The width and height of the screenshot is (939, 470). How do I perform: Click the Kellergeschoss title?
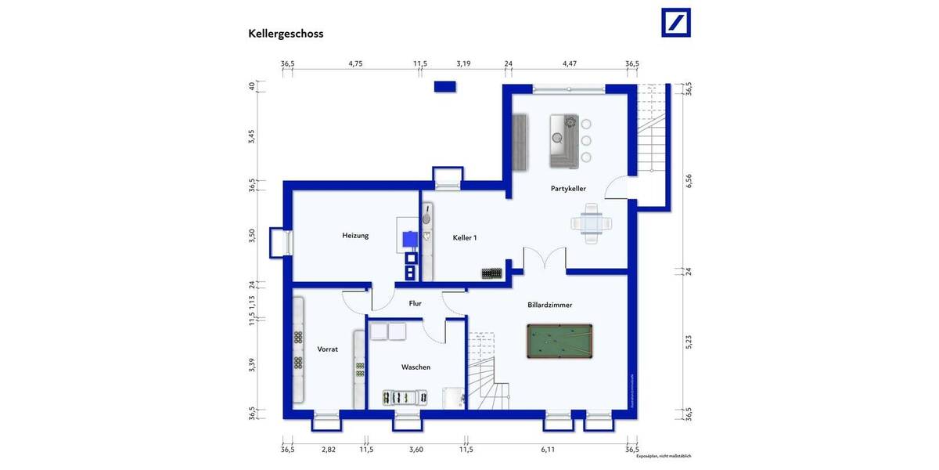tap(286, 34)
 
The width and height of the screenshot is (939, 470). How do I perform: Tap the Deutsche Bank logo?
tap(675, 22)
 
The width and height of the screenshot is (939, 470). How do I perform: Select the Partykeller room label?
tap(568, 189)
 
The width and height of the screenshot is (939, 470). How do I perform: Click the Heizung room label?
tap(354, 235)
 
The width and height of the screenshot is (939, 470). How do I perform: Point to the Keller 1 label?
tap(464, 237)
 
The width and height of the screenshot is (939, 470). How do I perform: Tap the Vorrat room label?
tap(327, 349)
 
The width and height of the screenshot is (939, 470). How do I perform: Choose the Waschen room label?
tap(416, 367)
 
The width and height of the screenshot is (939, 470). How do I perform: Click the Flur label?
tap(415, 303)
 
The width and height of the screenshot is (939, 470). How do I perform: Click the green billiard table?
tap(559, 342)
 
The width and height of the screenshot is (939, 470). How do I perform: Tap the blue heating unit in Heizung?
tap(408, 239)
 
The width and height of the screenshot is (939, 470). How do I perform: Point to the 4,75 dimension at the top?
tap(355, 63)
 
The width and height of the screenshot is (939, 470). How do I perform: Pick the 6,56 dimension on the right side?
tap(689, 181)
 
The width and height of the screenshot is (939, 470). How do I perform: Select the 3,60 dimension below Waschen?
tap(416, 450)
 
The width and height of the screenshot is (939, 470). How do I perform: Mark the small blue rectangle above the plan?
tap(445, 86)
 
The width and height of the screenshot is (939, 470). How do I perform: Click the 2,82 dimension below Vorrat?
tap(329, 450)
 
